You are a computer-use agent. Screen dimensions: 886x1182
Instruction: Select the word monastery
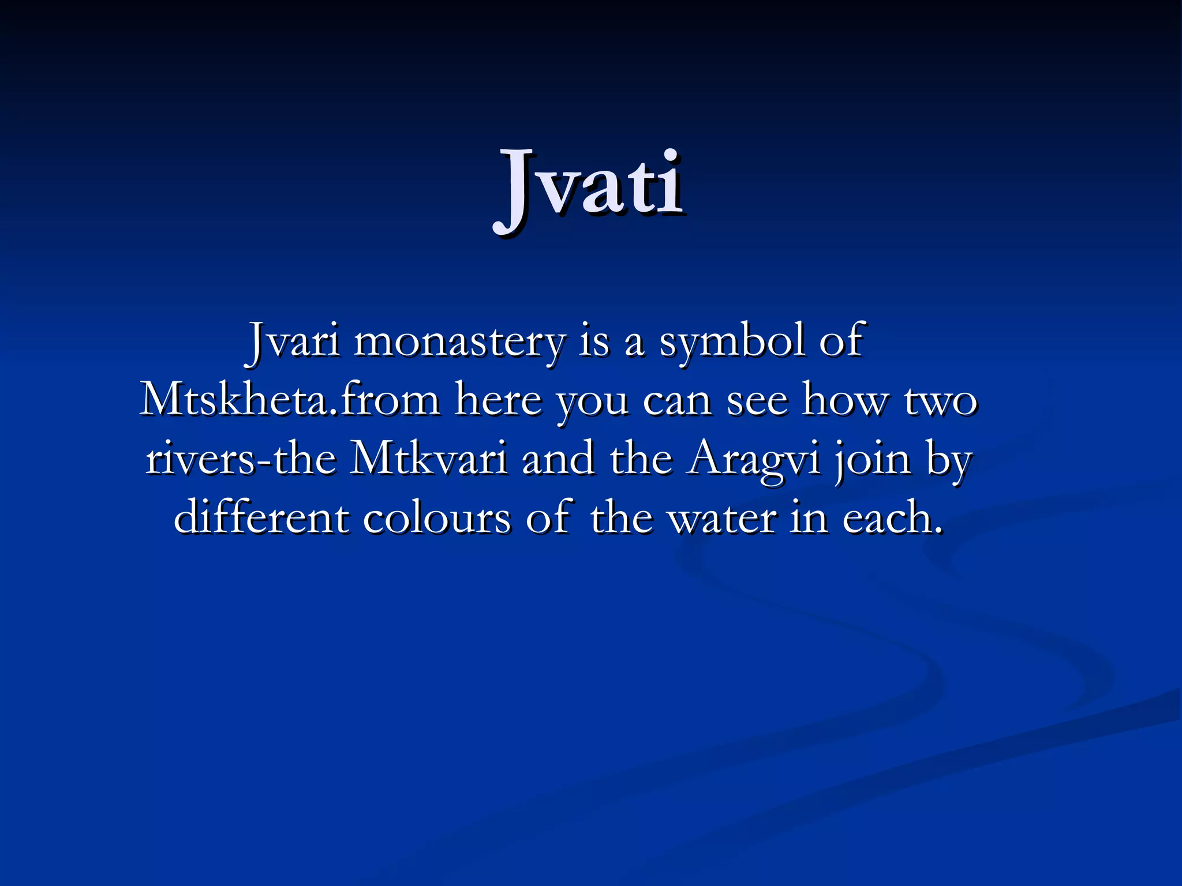(x=459, y=343)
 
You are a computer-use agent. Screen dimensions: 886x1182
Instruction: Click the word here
(x=499, y=400)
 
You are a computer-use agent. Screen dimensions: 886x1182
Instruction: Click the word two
(x=940, y=400)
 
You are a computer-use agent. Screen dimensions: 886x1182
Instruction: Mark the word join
(x=872, y=460)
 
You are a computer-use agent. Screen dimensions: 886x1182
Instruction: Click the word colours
(x=436, y=518)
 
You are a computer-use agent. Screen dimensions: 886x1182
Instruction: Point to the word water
(x=721, y=518)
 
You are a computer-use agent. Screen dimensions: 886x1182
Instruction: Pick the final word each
(x=892, y=517)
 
